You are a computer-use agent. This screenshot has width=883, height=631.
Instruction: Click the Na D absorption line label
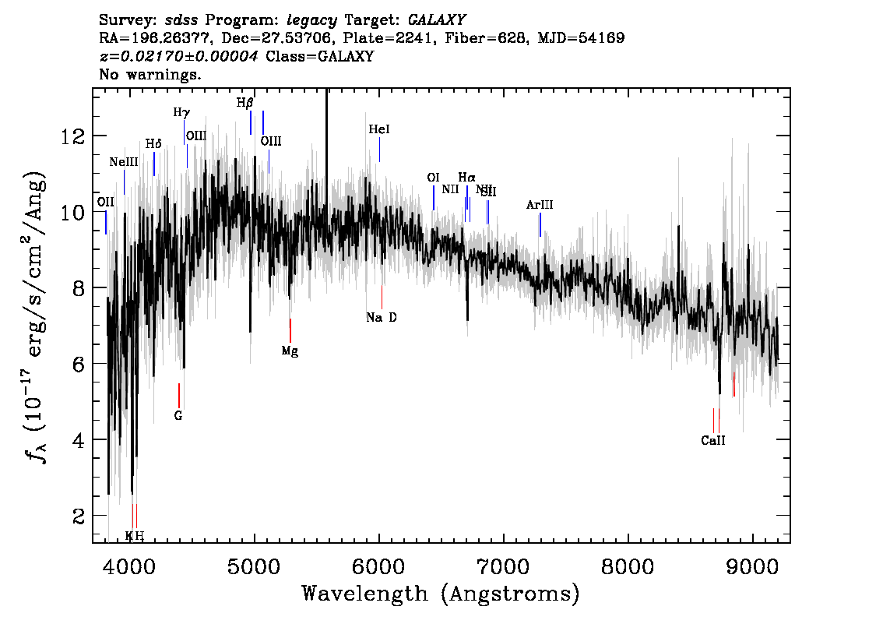click(382, 318)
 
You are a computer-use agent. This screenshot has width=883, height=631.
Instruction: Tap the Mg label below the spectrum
click(290, 351)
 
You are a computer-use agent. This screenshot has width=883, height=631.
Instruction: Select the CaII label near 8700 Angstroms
click(713, 440)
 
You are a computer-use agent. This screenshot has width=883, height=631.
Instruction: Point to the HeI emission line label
click(379, 130)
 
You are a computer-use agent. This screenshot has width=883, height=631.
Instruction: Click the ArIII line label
click(540, 205)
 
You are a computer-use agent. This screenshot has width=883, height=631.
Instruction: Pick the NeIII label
click(124, 162)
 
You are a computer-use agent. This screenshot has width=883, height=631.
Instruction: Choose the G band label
click(178, 416)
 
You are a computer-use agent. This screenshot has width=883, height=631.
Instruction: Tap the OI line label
click(434, 178)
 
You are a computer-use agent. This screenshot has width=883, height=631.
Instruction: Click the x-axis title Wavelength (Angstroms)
click(441, 594)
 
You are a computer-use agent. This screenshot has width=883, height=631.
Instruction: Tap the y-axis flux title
click(34, 318)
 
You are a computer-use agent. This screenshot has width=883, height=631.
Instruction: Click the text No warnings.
click(151, 76)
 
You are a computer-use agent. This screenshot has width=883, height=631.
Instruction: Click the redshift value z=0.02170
click(181, 56)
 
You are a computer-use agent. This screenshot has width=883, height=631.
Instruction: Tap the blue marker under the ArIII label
click(540, 224)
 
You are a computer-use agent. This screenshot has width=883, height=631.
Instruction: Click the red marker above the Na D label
click(382, 297)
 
